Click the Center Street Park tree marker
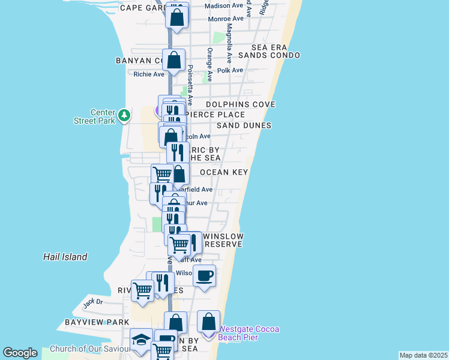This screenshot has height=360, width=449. click(x=124, y=114)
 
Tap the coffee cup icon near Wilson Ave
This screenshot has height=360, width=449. click(x=204, y=275)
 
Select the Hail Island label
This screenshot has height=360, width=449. click(x=65, y=257)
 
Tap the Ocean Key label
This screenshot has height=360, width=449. click(x=224, y=172)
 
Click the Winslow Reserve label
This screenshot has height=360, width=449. click(x=224, y=240)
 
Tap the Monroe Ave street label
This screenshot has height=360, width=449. click(x=226, y=19)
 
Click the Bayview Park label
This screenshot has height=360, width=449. click(x=97, y=322)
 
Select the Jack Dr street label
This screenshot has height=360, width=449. click(x=93, y=302)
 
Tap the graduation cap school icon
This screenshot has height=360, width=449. click(x=141, y=340)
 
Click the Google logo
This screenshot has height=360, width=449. click(x=20, y=353)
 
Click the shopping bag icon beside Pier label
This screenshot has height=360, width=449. click(x=208, y=322)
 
